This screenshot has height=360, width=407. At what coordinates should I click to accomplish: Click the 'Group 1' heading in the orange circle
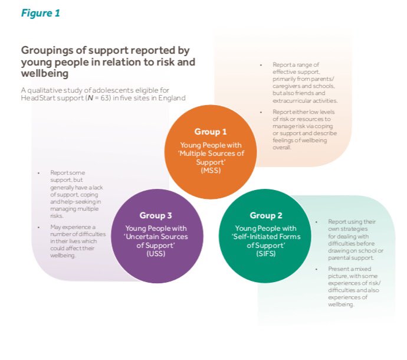pyautogui.click(x=211, y=132)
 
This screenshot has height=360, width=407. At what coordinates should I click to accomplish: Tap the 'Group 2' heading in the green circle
pyautogui.click(x=266, y=215)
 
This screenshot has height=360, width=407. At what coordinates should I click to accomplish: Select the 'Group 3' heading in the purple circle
pyautogui.click(x=156, y=215)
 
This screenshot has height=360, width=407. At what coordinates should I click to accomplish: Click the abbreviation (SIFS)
pyautogui.click(x=266, y=254)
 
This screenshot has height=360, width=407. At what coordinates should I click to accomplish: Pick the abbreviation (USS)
pyautogui.click(x=156, y=254)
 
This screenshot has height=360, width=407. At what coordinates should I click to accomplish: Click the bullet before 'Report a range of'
pyautogui.click(x=261, y=64)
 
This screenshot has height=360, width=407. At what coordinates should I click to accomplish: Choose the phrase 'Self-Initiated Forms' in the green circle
pyautogui.click(x=267, y=237)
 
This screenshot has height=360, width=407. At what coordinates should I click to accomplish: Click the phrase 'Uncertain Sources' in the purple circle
pyautogui.click(x=156, y=237)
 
